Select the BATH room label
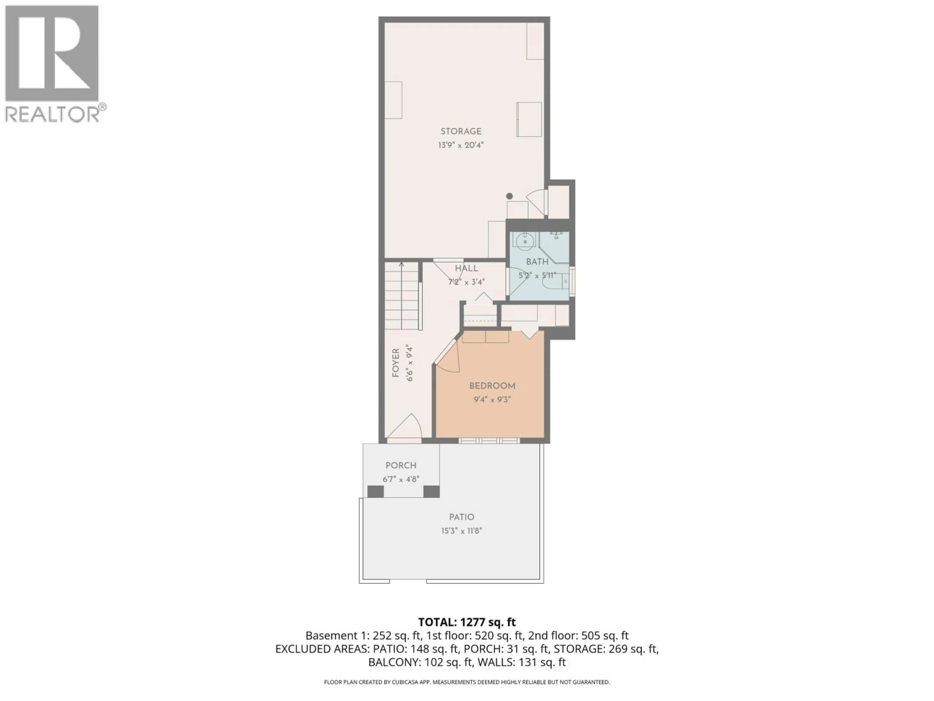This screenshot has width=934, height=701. click(x=537, y=262)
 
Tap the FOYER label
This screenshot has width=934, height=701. click(x=396, y=362)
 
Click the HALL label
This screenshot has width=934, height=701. click(x=466, y=268)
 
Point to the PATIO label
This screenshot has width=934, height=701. click(x=461, y=517)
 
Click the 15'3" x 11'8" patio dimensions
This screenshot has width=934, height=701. click(x=461, y=531)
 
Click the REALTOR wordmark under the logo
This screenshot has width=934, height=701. click(x=52, y=114)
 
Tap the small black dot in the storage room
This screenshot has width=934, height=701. click(x=509, y=196)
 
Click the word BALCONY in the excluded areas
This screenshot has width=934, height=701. click(x=394, y=662)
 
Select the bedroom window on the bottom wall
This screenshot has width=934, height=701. click(x=489, y=441)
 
